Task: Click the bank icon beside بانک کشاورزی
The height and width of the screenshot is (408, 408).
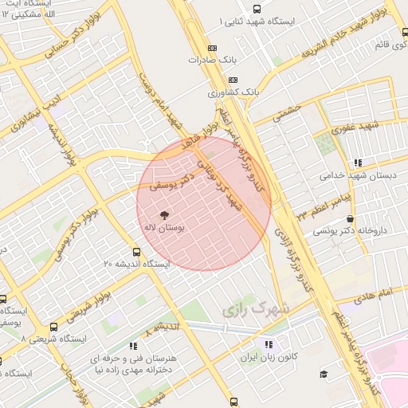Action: (233, 80)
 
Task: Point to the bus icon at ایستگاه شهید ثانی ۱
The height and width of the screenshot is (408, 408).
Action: (255, 10)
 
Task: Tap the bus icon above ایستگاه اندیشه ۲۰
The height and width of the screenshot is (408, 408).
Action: (136, 252)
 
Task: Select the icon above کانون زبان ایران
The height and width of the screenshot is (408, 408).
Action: (269, 344)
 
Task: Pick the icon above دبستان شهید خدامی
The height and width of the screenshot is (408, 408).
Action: (358, 163)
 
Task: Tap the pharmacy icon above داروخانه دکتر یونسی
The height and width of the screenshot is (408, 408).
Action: (351, 218)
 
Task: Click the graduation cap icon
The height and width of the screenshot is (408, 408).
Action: (324, 375)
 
